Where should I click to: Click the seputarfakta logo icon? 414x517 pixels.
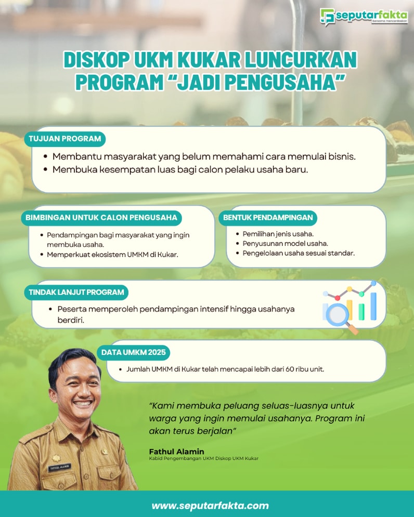click(x=327, y=17)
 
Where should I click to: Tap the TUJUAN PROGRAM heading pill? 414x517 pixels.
click(x=64, y=139)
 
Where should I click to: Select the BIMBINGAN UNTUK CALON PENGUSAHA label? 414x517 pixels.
click(x=101, y=218)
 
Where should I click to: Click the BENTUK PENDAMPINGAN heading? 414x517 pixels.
click(x=268, y=218)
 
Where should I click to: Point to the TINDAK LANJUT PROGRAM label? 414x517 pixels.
click(x=76, y=292)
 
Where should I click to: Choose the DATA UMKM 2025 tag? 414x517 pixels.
click(x=133, y=352)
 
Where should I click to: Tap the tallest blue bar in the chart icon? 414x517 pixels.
click(x=373, y=306)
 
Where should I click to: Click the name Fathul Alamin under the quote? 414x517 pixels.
click(x=177, y=452)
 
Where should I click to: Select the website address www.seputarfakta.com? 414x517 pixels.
click(x=210, y=506)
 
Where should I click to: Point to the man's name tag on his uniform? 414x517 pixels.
click(x=59, y=467)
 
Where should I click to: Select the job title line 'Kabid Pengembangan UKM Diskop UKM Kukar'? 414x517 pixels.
click(x=204, y=459)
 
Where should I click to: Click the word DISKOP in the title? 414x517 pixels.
click(x=96, y=60)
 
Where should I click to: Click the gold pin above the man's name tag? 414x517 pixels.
click(x=56, y=458)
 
